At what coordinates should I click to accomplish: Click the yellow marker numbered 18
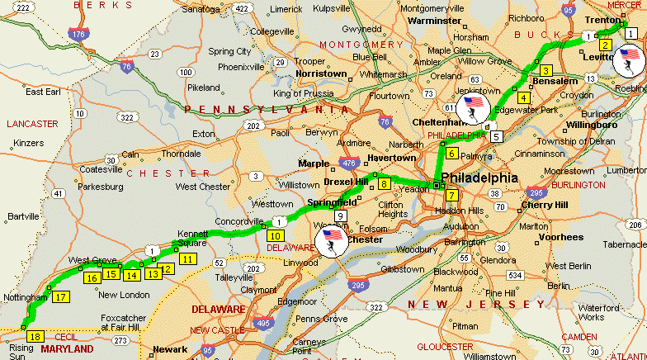[x=34, y=337]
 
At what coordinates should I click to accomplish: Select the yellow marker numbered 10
[x=274, y=235]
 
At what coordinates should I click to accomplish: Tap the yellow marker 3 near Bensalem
[x=545, y=71]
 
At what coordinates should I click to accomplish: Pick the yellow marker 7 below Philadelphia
[x=451, y=196]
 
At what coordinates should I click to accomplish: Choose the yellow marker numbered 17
[x=60, y=297]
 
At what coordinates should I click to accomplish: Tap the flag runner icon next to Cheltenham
[x=474, y=107]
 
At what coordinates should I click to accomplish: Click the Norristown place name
[x=322, y=73]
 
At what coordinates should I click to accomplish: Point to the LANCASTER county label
[x=31, y=124]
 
